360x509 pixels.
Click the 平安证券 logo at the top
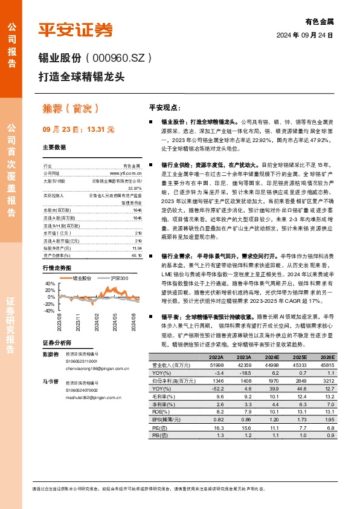(x=76, y=30)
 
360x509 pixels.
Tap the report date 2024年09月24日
(x=306, y=35)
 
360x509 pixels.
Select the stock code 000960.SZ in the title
(x=120, y=58)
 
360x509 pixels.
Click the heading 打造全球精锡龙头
(x=82, y=77)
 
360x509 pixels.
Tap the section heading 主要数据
(x=54, y=147)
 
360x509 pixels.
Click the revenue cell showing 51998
(x=216, y=366)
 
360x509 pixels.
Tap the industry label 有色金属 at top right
(x=320, y=21)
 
